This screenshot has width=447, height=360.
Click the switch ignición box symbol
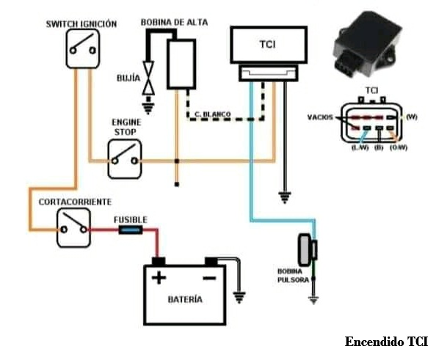pos(81,49)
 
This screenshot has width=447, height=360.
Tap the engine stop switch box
pos(123,159)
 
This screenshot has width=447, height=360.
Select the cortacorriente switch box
pos(73,227)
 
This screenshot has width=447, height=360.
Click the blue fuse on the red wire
pos(131,230)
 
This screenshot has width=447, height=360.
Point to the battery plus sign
pos(159,278)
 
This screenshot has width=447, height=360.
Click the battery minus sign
pos(210,278)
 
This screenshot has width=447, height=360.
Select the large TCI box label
pos(268,45)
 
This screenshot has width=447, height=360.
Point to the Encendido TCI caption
pos(386,342)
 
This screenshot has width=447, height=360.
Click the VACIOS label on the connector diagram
pos(321,117)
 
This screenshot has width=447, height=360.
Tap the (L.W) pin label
pos(358,147)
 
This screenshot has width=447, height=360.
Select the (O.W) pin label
pos(400,147)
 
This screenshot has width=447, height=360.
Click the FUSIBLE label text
pos(131,219)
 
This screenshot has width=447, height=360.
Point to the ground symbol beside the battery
pos(238,298)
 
